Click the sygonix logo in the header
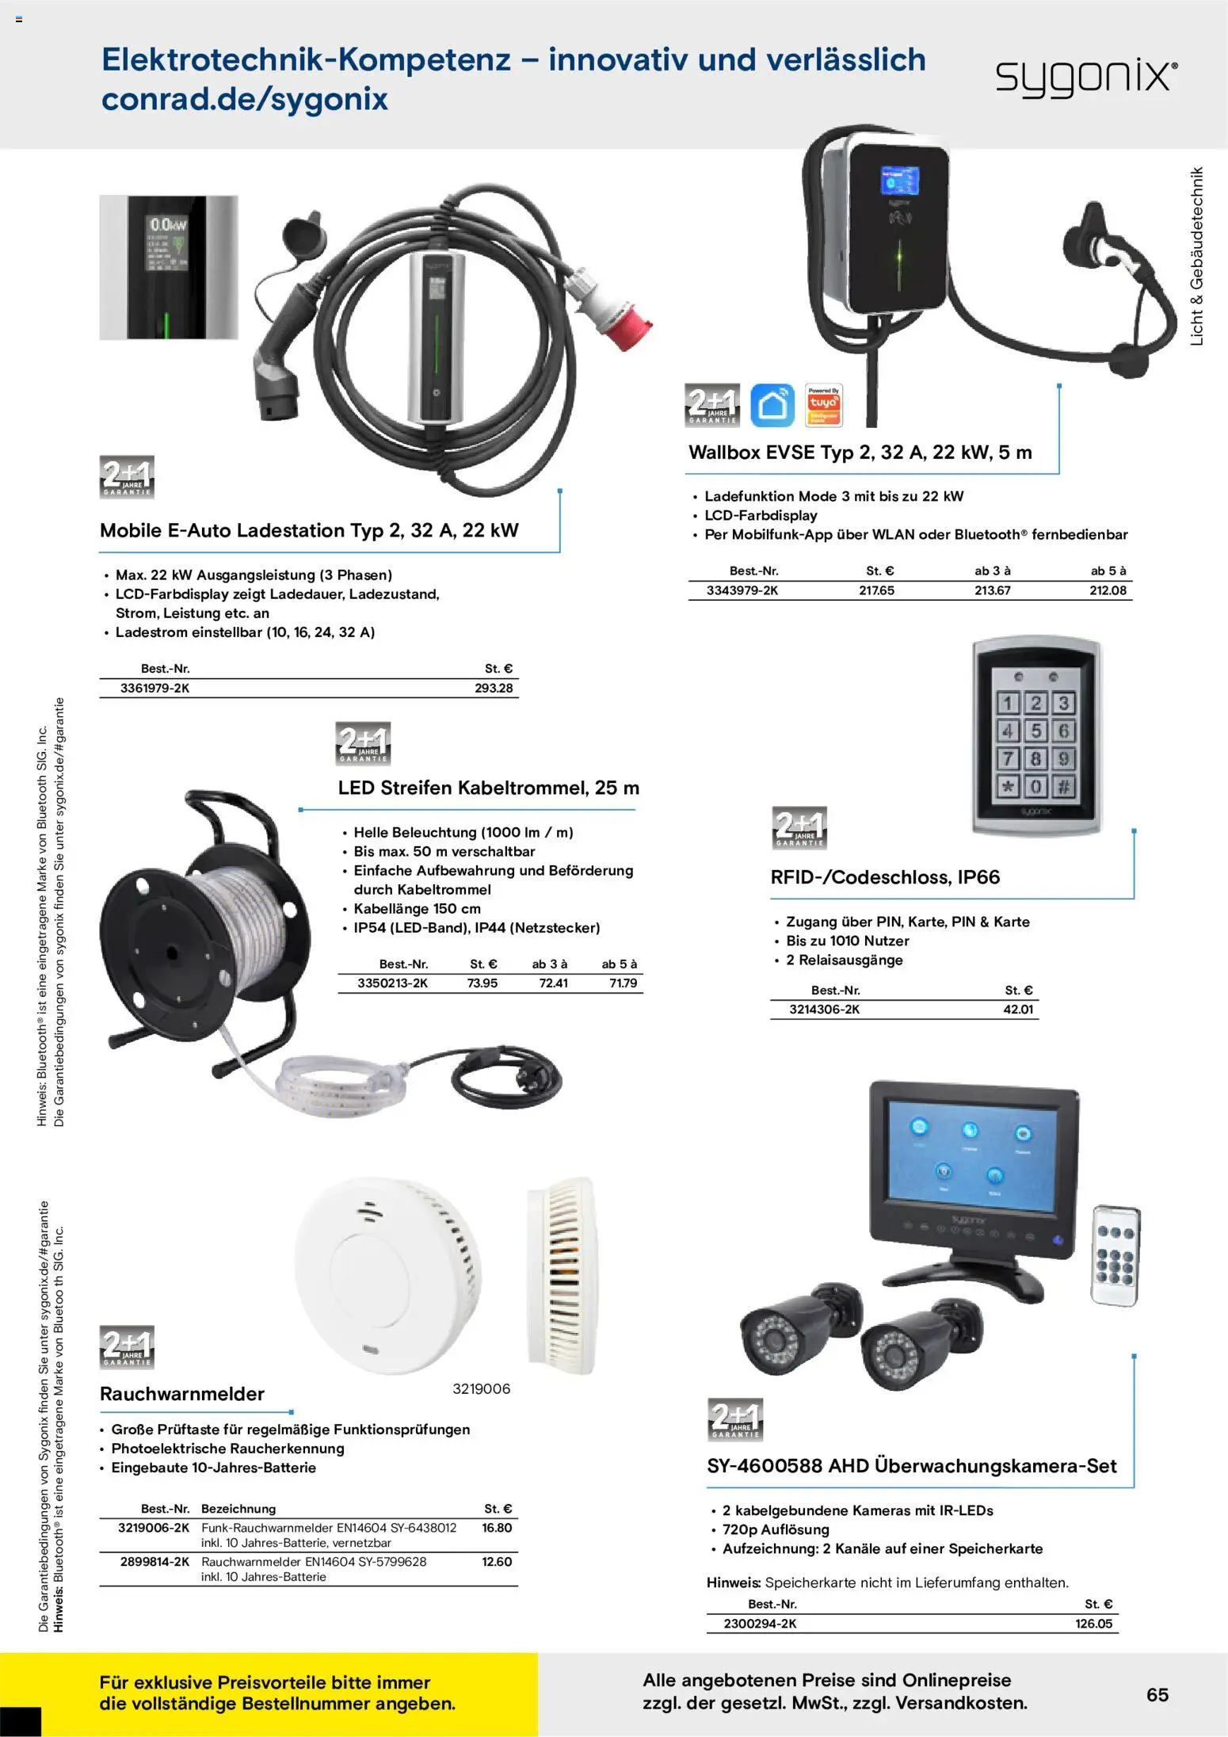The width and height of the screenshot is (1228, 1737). pos(1086,78)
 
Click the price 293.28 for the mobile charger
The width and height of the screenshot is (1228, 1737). pos(494,688)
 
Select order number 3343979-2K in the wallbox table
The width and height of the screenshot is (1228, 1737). pos(742,590)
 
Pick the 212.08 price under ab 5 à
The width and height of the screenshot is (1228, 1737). pos(1108,590)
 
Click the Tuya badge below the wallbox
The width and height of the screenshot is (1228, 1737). pos(823,405)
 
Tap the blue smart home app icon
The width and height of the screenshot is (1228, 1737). pos(772,405)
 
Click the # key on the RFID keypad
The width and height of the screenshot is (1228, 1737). pos(1063,786)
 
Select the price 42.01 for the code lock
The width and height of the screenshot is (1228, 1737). pos(1018,1010)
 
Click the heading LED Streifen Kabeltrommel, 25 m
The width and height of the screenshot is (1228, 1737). pos(488,788)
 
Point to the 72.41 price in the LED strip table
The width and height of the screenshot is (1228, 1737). pos(553,983)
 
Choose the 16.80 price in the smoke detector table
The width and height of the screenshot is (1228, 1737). pos(497,1527)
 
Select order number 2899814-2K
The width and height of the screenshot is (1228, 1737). pos(154,1561)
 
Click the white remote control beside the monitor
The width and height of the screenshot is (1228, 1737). pos(1115,1255)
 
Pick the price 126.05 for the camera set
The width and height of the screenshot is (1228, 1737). pos(1093,1624)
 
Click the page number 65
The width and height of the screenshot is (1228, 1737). pos(1157,1694)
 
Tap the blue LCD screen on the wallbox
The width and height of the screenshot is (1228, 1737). pos(900,181)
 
